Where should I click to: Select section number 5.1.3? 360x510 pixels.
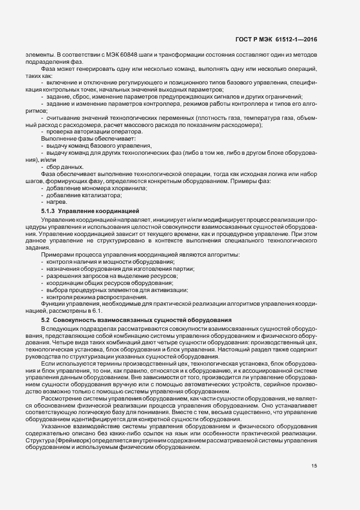48,210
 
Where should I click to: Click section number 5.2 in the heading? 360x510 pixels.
45,319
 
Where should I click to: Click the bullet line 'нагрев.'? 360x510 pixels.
58,202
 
